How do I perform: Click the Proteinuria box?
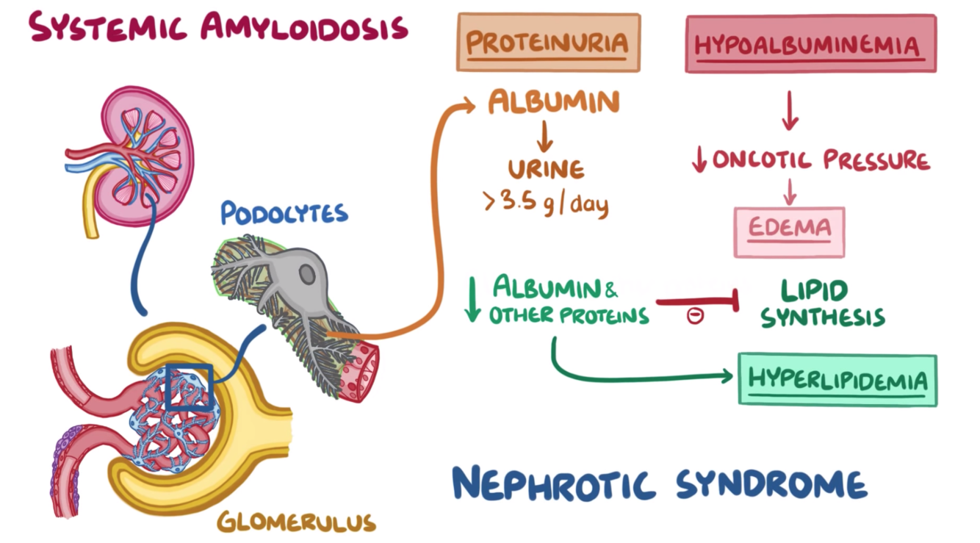pyautogui.click(x=548, y=43)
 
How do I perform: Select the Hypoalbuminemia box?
pyautogui.click(x=810, y=44)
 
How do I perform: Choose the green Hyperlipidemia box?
pyautogui.click(x=837, y=380)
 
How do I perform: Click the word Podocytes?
pyautogui.click(x=284, y=214)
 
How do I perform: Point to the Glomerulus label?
pyautogui.click(x=296, y=522)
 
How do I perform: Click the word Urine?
pyautogui.click(x=547, y=169)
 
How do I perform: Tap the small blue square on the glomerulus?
pyautogui.click(x=189, y=387)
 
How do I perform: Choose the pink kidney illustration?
pyautogui.click(x=146, y=154)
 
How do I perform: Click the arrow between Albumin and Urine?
pyautogui.click(x=545, y=135)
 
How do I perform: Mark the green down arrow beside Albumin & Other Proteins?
pyautogui.click(x=473, y=299)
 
